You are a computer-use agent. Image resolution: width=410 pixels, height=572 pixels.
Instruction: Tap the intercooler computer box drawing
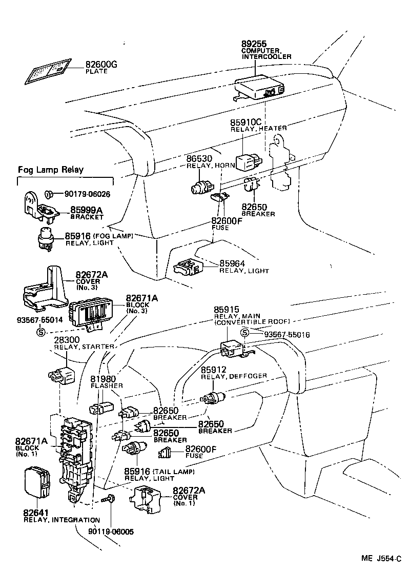click(x=258, y=88)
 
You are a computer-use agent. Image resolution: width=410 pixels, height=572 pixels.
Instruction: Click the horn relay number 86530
click(x=199, y=159)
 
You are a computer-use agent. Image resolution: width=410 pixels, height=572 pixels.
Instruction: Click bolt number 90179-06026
click(x=87, y=194)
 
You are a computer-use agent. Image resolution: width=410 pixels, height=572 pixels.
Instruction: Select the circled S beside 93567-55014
click(x=41, y=331)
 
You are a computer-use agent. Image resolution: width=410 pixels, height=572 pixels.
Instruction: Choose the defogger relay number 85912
click(x=213, y=370)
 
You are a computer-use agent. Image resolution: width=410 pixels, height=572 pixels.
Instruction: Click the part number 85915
click(x=226, y=311)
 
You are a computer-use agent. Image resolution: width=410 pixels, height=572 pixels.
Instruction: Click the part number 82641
click(x=35, y=513)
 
